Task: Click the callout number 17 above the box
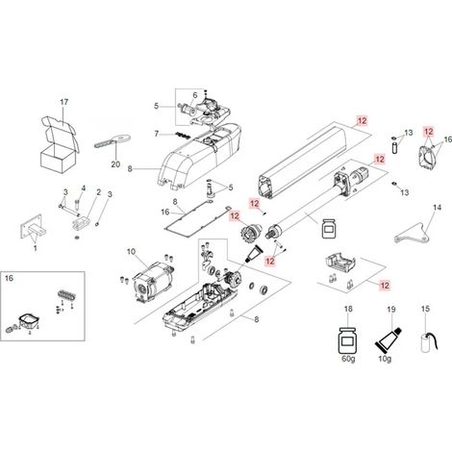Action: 64,102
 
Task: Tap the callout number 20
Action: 115,164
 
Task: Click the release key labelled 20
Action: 112,140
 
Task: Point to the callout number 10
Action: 131,252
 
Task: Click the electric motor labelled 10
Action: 153,284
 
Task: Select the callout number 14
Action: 437,208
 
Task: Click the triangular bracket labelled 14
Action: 413,234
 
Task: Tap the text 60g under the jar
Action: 348,359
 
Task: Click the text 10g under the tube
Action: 385,359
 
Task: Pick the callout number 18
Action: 348,309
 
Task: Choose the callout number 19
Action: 391,310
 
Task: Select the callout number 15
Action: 425,309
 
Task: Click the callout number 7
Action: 157,134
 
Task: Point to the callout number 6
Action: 195,95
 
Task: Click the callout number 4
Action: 84,188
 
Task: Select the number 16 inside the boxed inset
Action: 9,278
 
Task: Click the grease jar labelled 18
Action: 348,340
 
